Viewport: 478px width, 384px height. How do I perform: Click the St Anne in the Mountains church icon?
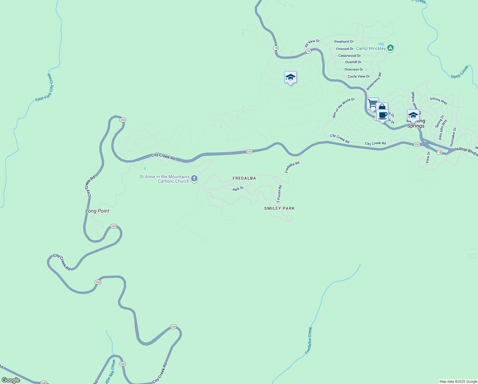(194, 179)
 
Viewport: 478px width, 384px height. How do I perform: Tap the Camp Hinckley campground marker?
(390, 48)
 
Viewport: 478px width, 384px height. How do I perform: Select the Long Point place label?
(97, 211)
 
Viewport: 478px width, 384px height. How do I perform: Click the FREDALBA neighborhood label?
(244, 178)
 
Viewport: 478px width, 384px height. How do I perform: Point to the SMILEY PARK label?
(280, 208)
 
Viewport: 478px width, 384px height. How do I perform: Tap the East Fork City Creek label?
(45, 87)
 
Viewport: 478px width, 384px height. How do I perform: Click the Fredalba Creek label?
(309, 340)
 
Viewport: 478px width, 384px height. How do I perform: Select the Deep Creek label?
(460, 72)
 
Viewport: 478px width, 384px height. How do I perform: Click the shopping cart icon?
(372, 104)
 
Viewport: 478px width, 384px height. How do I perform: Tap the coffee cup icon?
(382, 115)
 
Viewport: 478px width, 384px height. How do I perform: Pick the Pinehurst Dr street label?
(344, 42)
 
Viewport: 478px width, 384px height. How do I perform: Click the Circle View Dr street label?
(358, 76)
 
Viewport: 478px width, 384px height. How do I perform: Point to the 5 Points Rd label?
(279, 194)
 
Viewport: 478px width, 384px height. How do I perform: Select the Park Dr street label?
(238, 189)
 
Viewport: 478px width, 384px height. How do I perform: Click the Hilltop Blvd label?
(466, 150)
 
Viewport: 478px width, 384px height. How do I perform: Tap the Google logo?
(11, 380)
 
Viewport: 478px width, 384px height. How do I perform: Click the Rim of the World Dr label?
(343, 108)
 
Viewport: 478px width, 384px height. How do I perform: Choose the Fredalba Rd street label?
(292, 167)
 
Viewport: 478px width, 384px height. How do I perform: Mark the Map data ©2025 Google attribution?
(458, 381)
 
